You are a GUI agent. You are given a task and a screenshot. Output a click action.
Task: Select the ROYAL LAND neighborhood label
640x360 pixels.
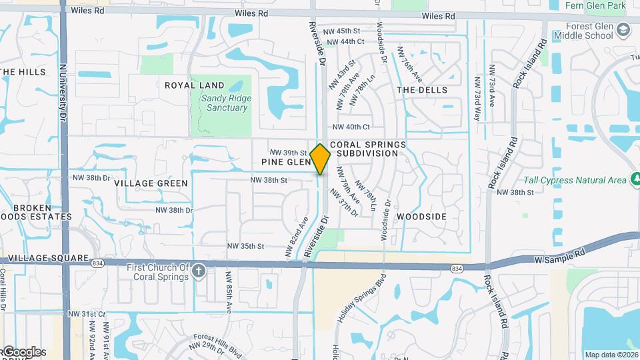coord(195,85)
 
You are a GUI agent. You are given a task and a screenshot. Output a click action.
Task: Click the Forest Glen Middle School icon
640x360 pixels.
coord(623,30)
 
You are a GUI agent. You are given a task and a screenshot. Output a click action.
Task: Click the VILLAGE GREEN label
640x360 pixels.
coord(151,183)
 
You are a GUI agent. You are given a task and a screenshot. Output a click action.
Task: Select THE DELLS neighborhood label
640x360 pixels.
coord(422,90)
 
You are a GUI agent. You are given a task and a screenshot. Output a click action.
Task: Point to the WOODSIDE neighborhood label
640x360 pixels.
coord(421,217)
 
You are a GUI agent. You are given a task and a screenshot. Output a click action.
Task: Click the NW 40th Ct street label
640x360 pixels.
coord(351,127)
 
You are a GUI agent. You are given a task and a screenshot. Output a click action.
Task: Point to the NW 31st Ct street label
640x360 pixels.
coord(87,313)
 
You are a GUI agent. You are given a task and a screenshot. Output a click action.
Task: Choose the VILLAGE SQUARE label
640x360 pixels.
coord(45,258)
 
